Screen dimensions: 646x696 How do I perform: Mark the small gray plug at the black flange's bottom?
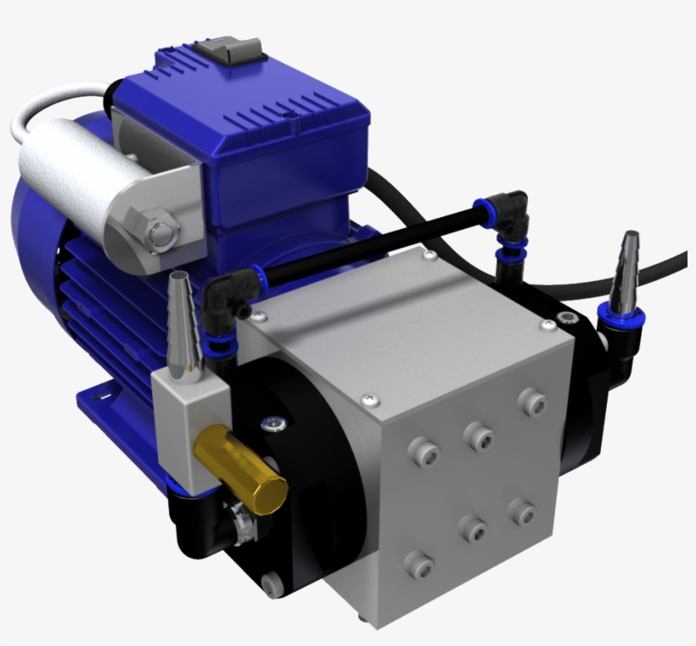270,585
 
